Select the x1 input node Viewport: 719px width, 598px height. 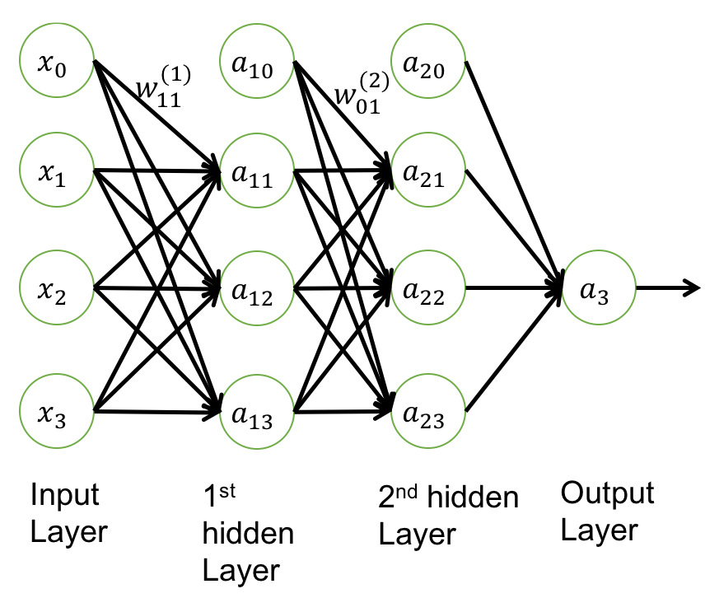point(57,173)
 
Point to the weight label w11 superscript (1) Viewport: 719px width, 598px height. point(163,86)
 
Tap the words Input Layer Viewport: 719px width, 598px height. point(69,513)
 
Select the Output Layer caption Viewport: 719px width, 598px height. point(607,512)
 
